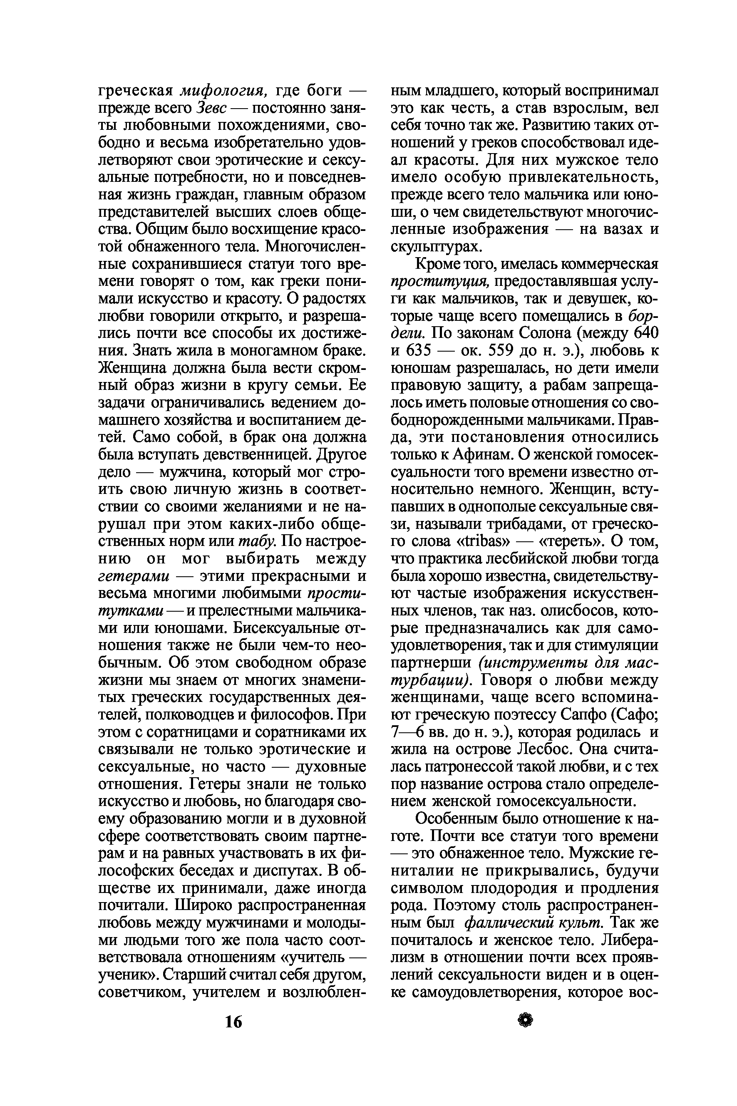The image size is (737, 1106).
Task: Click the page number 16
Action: click(233, 1022)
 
